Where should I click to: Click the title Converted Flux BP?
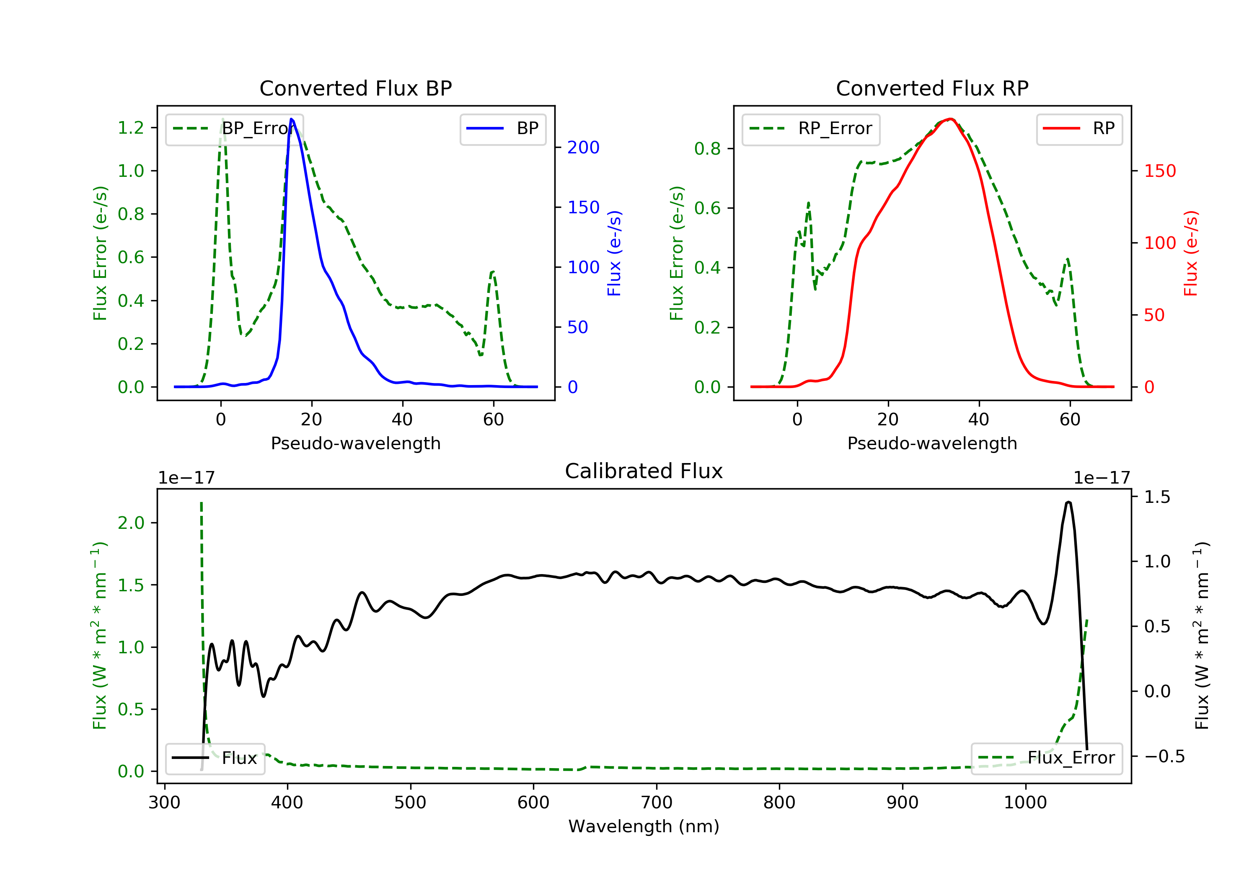pos(355,88)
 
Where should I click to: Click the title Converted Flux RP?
pos(932,88)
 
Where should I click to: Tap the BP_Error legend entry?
pos(234,129)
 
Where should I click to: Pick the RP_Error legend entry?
pos(811,129)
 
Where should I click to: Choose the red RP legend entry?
pos(1079,129)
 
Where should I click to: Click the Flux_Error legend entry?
pos(1047,758)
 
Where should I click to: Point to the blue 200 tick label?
pos(583,148)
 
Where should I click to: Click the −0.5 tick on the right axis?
pos(1164,756)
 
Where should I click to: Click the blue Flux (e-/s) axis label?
pos(614,253)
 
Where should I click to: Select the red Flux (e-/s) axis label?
pos(1191,253)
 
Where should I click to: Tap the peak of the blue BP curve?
pos(291,119)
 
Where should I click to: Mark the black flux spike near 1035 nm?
pos(1068,502)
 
